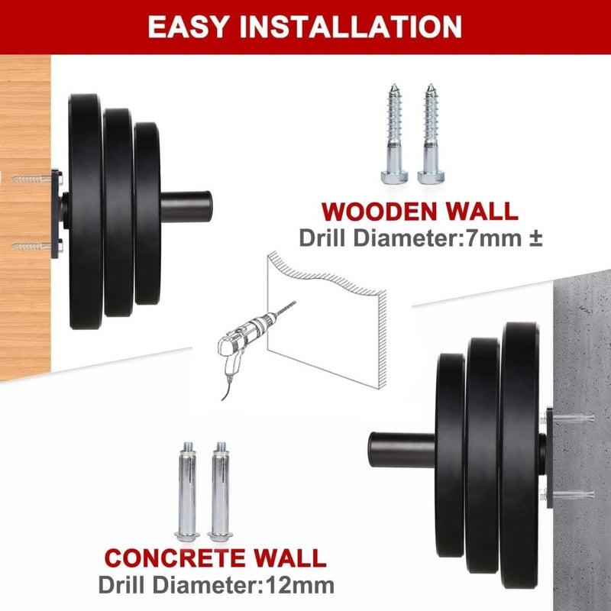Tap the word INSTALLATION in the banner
(x=351, y=27)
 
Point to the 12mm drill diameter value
(x=300, y=585)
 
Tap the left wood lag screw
(x=394, y=134)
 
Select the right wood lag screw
(x=431, y=134)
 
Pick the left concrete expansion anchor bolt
(x=187, y=491)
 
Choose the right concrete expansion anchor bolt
(x=221, y=491)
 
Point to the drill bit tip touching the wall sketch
(x=295, y=302)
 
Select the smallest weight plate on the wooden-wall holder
(x=147, y=213)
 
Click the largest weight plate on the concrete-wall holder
(x=520, y=455)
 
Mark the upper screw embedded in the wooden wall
(x=31, y=179)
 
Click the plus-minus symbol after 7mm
(x=536, y=238)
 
